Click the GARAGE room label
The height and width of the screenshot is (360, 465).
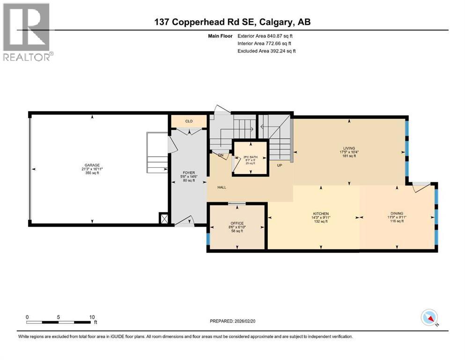coord(92,165)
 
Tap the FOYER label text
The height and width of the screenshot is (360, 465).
coord(188,172)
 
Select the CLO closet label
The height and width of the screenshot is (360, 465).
coord(189,121)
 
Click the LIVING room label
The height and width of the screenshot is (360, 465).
coord(348,148)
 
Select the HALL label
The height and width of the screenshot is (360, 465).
coord(221,187)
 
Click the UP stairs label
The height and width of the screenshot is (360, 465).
coord(279,165)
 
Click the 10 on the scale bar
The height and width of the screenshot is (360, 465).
coord(92,317)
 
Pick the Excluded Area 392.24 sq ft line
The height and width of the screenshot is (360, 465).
coord(267,51)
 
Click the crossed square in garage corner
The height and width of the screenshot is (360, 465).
coord(164,217)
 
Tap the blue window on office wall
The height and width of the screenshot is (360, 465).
coord(207,239)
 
